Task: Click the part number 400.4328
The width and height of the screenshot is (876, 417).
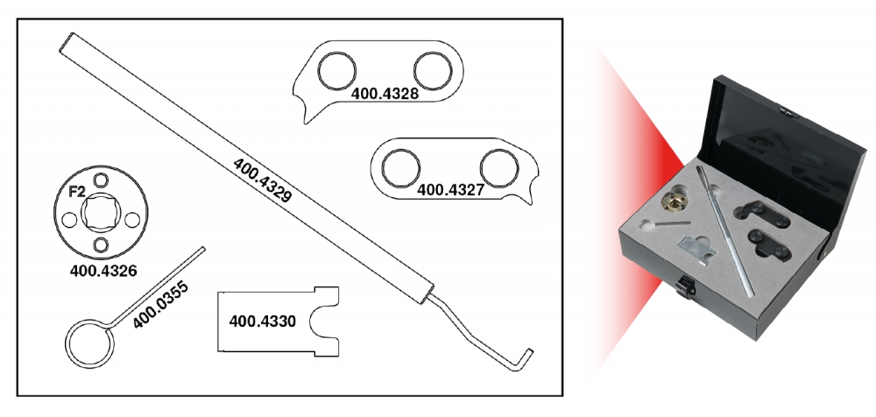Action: click(x=385, y=94)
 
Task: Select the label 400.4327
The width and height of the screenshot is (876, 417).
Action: click(x=450, y=190)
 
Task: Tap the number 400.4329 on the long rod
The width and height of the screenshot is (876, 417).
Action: click(x=262, y=180)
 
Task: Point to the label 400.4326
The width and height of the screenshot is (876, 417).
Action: click(x=103, y=271)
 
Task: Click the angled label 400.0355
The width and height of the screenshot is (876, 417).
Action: click(x=161, y=305)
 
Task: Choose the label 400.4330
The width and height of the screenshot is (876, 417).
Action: click(x=262, y=322)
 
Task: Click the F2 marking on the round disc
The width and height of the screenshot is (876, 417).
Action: click(x=76, y=193)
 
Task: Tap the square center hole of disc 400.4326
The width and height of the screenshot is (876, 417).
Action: click(x=101, y=212)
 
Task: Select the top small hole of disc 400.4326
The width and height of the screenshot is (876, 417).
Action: click(x=101, y=180)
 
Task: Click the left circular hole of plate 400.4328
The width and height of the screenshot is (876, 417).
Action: click(x=336, y=70)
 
